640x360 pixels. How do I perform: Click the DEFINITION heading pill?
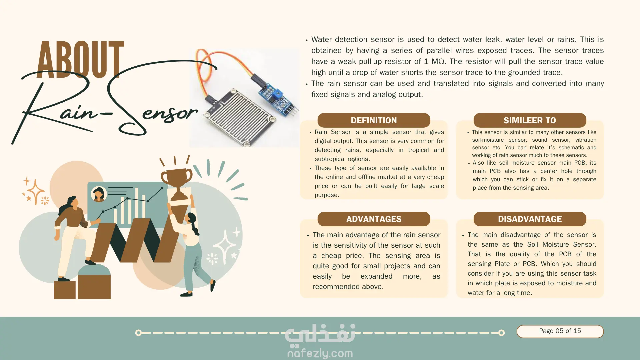click(374, 120)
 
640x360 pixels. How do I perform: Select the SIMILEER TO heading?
click(530, 120)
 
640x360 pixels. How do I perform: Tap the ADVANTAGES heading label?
click(374, 219)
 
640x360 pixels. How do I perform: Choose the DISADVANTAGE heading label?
click(530, 219)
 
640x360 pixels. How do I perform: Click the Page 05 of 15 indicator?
click(560, 331)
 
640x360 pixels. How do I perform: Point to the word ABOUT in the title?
click(80, 60)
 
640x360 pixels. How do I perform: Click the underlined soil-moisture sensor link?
click(499, 140)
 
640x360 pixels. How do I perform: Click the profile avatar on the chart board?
click(99, 194)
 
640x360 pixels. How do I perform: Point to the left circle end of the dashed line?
click(138, 333)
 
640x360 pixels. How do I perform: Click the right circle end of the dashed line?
click(501, 333)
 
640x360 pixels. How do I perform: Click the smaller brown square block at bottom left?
click(65, 290)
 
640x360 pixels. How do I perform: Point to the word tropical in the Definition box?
click(418, 150)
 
